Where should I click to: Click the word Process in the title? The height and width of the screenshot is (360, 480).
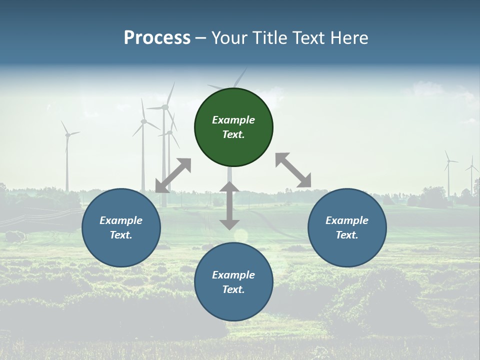157,38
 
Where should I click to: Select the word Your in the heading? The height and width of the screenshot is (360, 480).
229,38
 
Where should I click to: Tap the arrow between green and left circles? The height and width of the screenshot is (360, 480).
173,175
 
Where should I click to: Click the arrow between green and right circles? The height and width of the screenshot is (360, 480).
293,170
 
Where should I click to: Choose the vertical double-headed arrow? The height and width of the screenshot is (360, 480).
229,205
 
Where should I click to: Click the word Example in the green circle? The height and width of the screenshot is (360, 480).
233,120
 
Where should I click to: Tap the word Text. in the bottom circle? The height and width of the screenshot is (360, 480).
233,289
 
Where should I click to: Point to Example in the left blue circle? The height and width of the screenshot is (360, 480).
121,220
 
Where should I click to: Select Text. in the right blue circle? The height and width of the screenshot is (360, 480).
347,235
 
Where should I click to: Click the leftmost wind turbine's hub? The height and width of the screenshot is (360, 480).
66,134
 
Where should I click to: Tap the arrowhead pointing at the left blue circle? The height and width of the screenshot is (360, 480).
161,186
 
